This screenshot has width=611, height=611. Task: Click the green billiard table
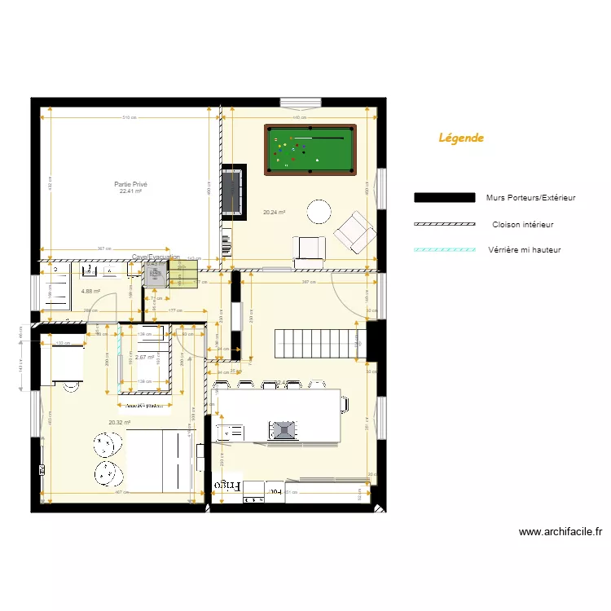click(310, 149)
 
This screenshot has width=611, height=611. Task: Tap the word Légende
click(461, 138)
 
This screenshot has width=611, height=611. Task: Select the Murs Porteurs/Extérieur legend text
click(530, 198)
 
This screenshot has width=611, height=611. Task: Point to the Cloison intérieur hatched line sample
click(444, 224)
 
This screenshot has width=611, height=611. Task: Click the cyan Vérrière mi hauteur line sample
click(444, 250)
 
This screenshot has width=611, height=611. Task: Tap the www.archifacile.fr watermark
click(560, 532)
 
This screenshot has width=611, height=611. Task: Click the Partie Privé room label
click(130, 185)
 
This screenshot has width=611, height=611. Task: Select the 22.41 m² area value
click(130, 192)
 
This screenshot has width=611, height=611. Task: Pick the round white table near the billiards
click(319, 212)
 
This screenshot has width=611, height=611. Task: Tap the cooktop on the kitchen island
click(284, 429)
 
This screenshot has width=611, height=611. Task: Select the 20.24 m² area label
click(274, 213)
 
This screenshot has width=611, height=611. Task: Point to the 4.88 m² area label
click(90, 291)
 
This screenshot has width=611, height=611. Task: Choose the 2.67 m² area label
click(145, 358)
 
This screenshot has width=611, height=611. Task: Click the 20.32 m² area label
click(119, 423)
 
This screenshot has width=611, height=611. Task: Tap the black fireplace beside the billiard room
click(233, 191)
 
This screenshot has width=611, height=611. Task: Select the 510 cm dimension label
click(129, 118)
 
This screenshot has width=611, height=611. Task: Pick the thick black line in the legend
click(444, 198)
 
